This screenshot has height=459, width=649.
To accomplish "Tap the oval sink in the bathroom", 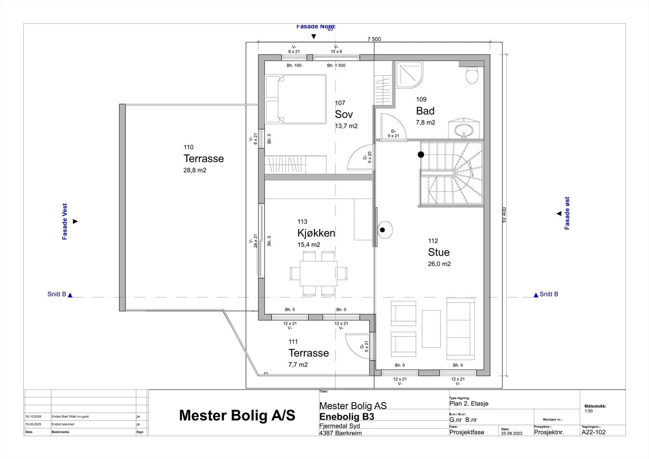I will pos(464,131).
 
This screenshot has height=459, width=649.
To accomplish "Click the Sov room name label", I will pos(344,114).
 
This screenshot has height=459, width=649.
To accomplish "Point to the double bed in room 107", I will pos(296,99).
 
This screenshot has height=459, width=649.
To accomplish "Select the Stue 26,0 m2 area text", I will pos(439,264).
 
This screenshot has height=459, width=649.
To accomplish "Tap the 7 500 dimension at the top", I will pos(374,39).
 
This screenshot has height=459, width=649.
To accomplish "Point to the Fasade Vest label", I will pos(64,221).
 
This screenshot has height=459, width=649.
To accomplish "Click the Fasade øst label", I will pos(567,213).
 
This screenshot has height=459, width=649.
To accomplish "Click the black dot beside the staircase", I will pos(421,154).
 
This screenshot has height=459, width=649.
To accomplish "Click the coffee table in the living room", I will pos(431,329).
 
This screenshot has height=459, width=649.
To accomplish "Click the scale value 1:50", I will pos(588,411).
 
